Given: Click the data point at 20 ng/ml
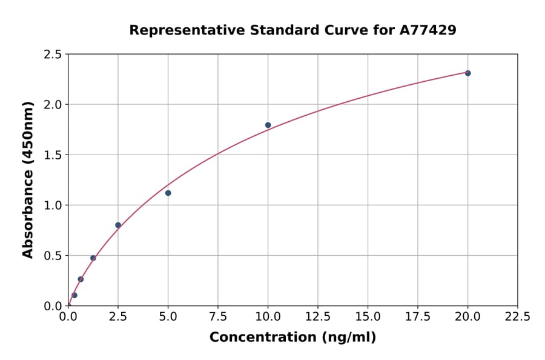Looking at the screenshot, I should coord(467,73).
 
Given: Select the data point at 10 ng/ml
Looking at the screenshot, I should coord(268,125).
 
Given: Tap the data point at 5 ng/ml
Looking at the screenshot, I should coord(168,193).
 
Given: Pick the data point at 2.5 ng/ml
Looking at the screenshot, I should coord(118,225).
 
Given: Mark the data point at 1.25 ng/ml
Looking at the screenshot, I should coord(93,258).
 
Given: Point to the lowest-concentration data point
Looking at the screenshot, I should coord(74,295).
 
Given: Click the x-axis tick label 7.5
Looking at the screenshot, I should coord(218,316).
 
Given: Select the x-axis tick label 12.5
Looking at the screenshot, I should coord(318,316).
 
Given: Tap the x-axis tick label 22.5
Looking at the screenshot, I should coord(518,316).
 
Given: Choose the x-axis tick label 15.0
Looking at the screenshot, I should coord(368,316).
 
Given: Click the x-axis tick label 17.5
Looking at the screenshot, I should coord(418,316).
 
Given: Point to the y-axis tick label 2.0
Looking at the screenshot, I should coord(52,105).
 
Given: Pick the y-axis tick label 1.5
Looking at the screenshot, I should coord(52,155).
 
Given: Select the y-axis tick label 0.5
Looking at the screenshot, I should coord(52,256).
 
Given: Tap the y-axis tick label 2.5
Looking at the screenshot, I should coord(52,55).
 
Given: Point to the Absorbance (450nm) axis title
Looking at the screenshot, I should coord(28,179).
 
